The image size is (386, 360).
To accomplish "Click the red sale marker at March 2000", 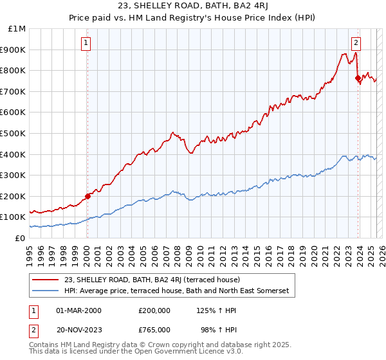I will (87, 196).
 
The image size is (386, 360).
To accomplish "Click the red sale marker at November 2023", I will (358, 78).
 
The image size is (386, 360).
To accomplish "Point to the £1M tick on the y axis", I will (17, 28).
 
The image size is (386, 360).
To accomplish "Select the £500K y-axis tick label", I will (14, 133).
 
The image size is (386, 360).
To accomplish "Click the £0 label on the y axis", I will (21, 238).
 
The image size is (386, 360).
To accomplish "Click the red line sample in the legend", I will (47, 280).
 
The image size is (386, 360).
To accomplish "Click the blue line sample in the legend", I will (47, 291).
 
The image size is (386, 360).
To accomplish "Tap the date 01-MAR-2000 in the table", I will (78, 310).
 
